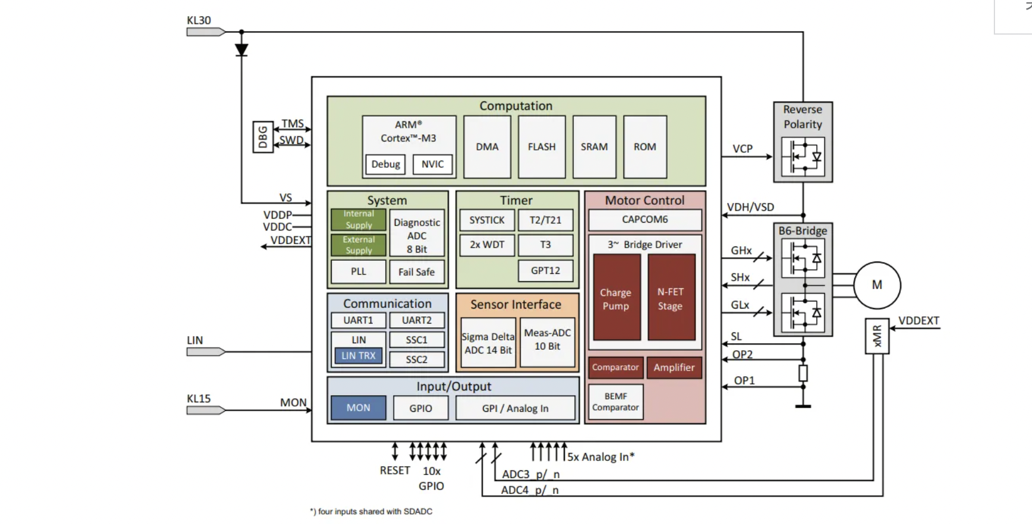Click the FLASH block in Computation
[x=542, y=147]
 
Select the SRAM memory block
[x=594, y=147]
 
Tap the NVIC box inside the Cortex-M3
[x=432, y=164]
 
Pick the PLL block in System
[x=359, y=272]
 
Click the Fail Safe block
[x=416, y=272]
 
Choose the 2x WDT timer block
[x=487, y=245]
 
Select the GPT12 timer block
[x=545, y=270]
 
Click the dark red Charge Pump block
[x=616, y=298]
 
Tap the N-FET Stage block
[x=671, y=298]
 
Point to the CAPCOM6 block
[x=645, y=220]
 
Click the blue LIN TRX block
[x=359, y=356]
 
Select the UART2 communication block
[x=416, y=320]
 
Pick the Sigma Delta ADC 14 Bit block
[x=488, y=343]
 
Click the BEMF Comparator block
[x=616, y=402]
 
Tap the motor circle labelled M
[x=876, y=285]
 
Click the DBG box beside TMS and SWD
[x=263, y=137]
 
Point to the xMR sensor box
[x=876, y=336]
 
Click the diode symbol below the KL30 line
[x=242, y=50]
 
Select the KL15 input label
[x=199, y=399]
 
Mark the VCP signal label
[x=743, y=149]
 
